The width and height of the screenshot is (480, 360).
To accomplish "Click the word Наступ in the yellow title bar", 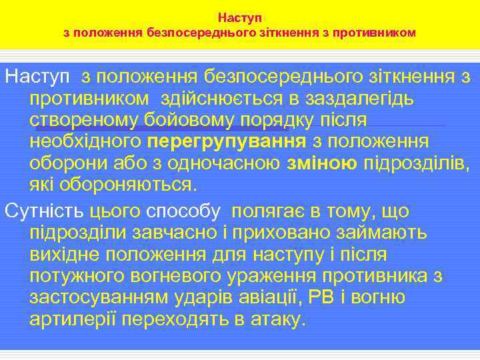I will [240, 14].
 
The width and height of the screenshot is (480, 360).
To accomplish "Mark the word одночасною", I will [225, 163].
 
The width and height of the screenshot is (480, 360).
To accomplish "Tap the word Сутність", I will [45, 212].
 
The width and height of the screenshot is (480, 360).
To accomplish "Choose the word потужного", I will [79, 277].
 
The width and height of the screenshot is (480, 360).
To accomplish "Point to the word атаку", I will [279, 319].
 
